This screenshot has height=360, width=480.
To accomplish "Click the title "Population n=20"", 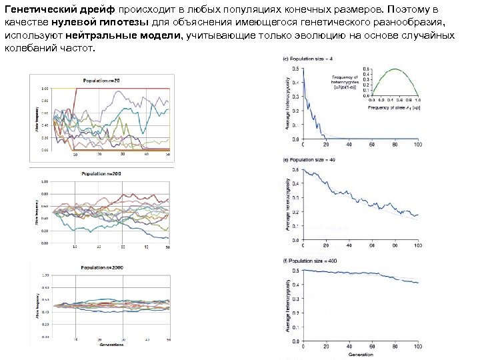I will [x=101, y=81].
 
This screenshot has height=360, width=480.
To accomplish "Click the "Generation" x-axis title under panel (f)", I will [x=360, y=356].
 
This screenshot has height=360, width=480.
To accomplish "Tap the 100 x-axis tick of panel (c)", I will [x=418, y=145].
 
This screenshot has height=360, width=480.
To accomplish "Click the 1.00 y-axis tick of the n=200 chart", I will [x=45, y=181].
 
